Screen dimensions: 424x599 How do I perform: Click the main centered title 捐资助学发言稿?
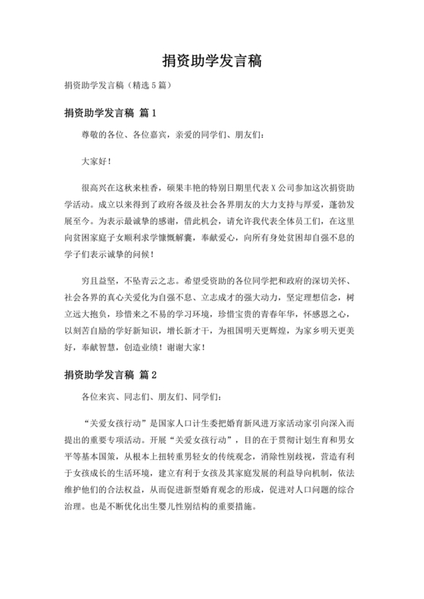tap(211, 60)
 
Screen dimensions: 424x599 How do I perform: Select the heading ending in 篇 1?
tap(110, 113)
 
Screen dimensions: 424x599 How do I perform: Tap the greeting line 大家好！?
tap(96, 160)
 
